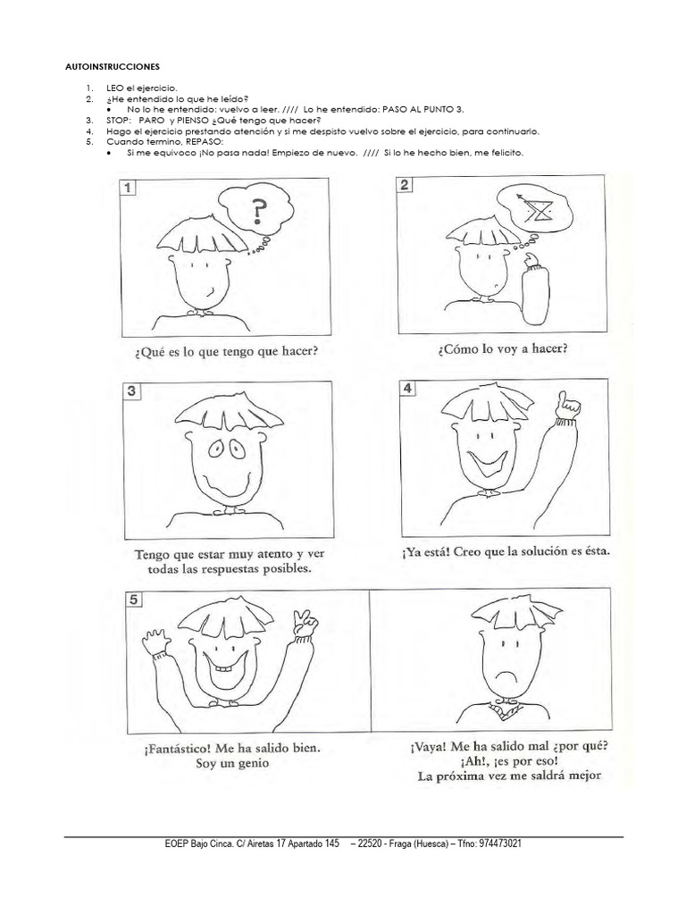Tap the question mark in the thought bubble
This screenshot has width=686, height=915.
[x=258, y=213]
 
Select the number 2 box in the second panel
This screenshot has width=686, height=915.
[x=405, y=185]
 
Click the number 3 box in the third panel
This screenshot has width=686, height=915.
[x=130, y=390]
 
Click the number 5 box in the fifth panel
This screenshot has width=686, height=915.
[x=132, y=600]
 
